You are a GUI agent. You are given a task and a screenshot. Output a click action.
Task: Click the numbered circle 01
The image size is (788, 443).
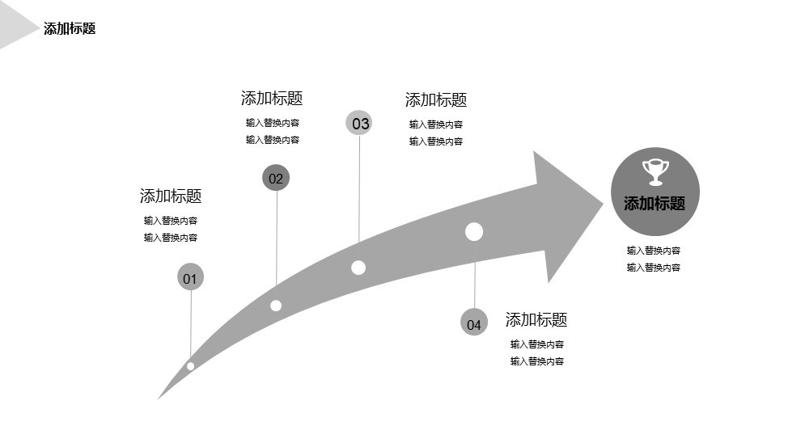[190, 276]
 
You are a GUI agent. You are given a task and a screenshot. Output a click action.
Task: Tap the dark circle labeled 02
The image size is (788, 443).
[276, 178]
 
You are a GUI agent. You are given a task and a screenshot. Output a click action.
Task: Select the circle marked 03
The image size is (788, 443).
[359, 123]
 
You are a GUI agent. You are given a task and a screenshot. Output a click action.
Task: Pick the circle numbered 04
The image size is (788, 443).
[474, 322]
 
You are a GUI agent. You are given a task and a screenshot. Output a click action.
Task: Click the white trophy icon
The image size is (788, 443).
[656, 171]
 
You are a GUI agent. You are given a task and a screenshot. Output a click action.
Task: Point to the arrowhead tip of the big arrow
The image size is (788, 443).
[603, 204]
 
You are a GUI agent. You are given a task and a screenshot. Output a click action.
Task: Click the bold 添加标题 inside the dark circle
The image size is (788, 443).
[655, 204]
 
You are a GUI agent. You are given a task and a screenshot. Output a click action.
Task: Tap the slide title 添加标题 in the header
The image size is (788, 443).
[70, 28]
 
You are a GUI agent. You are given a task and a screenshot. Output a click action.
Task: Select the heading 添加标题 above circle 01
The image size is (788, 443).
[171, 196]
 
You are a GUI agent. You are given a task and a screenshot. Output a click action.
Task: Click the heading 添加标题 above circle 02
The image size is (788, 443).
[272, 98]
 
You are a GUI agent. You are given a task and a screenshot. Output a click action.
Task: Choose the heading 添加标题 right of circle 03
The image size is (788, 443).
[436, 100]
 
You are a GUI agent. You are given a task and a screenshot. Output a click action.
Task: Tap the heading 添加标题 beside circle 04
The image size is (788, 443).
[536, 319]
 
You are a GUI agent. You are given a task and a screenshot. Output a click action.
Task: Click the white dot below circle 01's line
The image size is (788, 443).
[190, 366]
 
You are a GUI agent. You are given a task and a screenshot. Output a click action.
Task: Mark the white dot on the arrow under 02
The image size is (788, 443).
[276, 306]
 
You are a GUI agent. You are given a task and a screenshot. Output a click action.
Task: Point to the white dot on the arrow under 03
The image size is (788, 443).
[358, 268]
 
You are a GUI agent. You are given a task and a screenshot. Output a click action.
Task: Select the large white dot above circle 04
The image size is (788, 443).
[474, 231]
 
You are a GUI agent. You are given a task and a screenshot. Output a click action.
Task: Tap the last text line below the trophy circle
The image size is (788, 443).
[654, 268]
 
